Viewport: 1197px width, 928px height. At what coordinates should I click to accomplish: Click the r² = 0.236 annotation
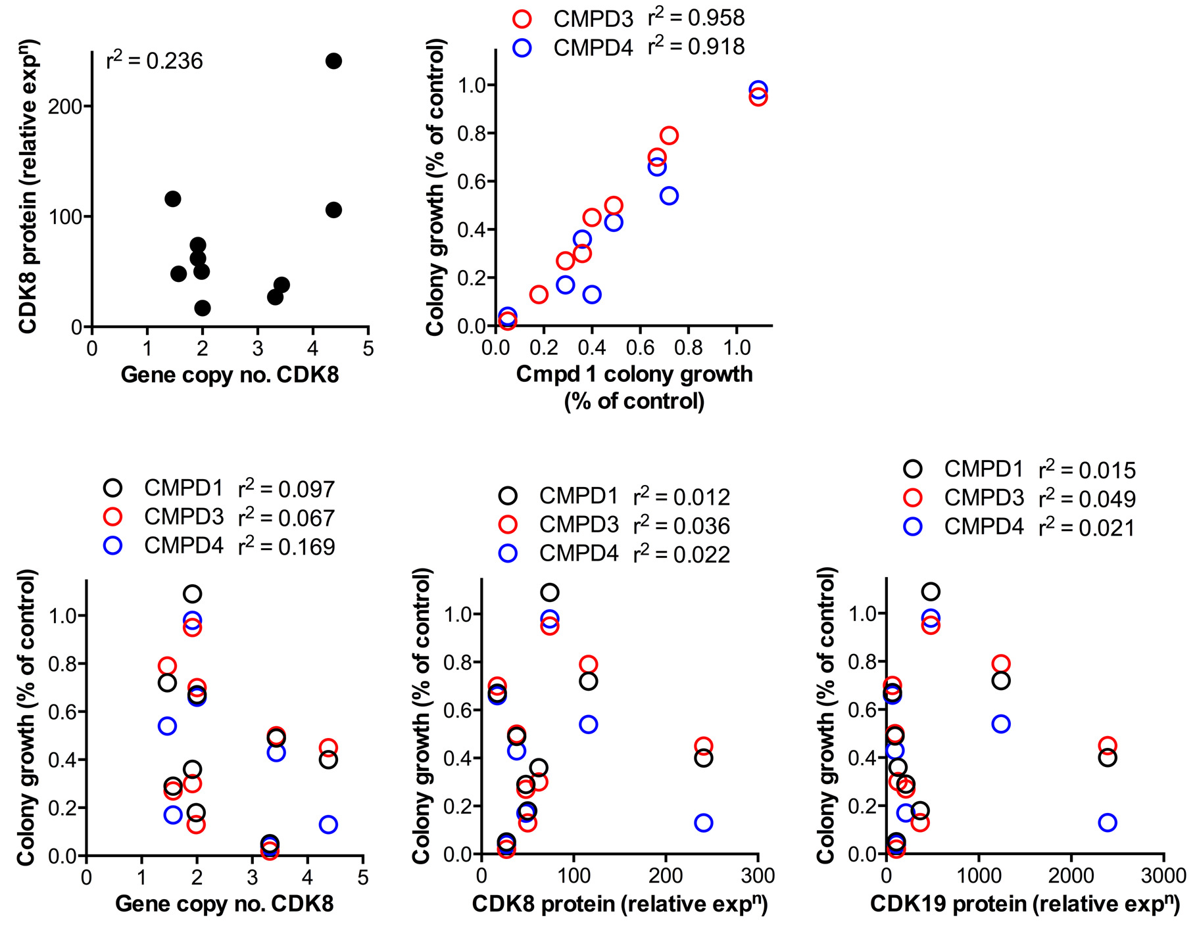click(155, 60)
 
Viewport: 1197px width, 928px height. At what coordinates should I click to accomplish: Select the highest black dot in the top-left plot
click(333, 61)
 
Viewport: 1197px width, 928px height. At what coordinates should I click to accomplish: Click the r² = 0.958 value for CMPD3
click(696, 18)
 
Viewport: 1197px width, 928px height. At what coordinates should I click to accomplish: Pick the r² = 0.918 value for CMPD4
click(696, 47)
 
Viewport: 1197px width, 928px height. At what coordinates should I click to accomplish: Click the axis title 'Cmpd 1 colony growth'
click(634, 374)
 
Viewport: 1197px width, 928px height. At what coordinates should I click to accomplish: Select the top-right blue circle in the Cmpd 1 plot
click(758, 89)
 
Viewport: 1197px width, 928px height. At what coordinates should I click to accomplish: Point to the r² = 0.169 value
click(287, 546)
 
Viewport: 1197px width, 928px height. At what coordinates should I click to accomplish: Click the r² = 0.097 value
click(287, 488)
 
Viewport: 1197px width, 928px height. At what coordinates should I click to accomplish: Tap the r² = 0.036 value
click(681, 525)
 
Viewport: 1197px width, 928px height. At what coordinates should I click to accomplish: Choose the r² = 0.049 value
click(1087, 498)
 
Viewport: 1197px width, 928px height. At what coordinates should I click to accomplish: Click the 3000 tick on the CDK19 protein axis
click(1163, 876)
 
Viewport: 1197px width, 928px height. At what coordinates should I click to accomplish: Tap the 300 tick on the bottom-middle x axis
click(758, 876)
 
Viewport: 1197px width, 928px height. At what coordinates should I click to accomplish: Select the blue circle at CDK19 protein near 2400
click(1108, 822)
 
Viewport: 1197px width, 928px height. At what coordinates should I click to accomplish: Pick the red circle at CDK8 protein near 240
click(703, 746)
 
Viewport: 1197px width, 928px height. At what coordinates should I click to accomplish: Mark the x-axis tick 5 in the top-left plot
click(368, 348)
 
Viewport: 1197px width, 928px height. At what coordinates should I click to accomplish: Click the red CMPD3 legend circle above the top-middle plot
click(522, 19)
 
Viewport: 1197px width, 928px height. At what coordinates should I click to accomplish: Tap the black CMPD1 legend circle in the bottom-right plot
click(913, 469)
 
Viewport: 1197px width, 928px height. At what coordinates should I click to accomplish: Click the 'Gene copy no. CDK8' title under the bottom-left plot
click(224, 904)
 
